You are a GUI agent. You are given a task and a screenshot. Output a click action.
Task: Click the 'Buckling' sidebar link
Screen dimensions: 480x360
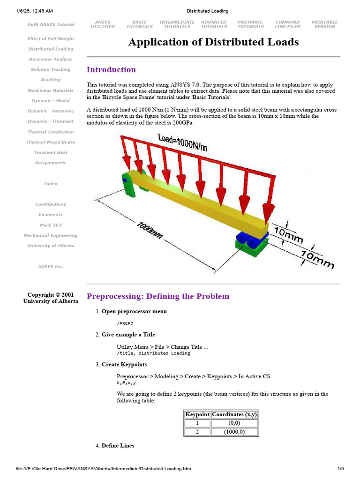(x=51, y=80)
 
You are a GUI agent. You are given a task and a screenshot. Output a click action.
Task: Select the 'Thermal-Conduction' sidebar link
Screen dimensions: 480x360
(x=51, y=132)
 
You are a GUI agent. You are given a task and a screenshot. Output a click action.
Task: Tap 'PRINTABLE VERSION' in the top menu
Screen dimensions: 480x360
(x=324, y=24)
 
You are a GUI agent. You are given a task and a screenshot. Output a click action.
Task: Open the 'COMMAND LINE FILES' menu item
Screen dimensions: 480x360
(x=287, y=24)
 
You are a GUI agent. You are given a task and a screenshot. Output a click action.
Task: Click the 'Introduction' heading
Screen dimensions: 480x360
(x=111, y=70)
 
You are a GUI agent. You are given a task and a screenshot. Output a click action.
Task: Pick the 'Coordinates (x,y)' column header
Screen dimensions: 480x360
(x=234, y=414)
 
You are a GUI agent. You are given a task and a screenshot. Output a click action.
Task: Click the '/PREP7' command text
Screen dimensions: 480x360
(x=125, y=323)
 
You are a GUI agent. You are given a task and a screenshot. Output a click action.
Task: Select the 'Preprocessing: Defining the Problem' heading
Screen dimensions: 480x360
(x=158, y=296)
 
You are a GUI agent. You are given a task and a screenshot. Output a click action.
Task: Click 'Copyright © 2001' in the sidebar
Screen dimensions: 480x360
(x=51, y=295)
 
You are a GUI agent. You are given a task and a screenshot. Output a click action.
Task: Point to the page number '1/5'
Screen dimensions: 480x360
(x=341, y=469)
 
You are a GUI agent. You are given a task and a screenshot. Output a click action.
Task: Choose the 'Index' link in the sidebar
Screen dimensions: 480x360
(x=51, y=184)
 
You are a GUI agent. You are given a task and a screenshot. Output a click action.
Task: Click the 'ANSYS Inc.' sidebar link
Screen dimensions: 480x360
(x=51, y=267)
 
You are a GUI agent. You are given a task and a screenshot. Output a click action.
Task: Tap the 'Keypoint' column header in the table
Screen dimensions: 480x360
(x=197, y=414)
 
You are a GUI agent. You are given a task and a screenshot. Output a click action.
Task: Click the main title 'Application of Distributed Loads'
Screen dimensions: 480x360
(x=213, y=42)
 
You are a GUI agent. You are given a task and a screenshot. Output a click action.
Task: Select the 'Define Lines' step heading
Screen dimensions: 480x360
(x=118, y=445)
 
